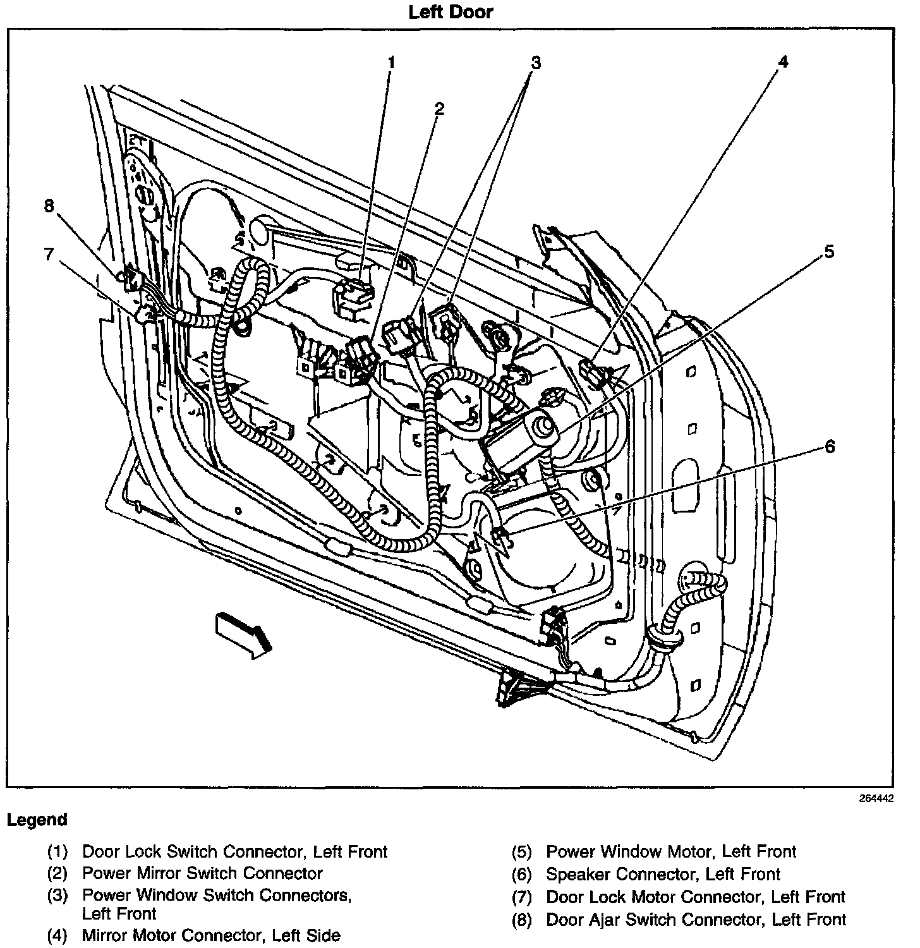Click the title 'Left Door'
[x=451, y=12]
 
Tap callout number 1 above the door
[x=392, y=62]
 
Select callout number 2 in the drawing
[x=439, y=109]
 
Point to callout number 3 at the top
[x=536, y=62]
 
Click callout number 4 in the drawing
[x=784, y=61]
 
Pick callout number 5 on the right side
[x=830, y=252]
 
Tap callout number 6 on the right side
[x=830, y=447]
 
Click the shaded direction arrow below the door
[x=244, y=634]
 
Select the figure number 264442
[x=876, y=799]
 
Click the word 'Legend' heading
[x=37, y=820]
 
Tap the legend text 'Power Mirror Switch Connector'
[x=202, y=873]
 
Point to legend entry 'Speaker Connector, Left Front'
[x=663, y=875]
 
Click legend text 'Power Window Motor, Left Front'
[x=671, y=852]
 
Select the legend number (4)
[x=57, y=935]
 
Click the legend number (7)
[x=522, y=897]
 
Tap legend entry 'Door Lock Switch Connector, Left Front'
[x=234, y=852]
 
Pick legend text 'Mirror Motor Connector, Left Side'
[x=211, y=935]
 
